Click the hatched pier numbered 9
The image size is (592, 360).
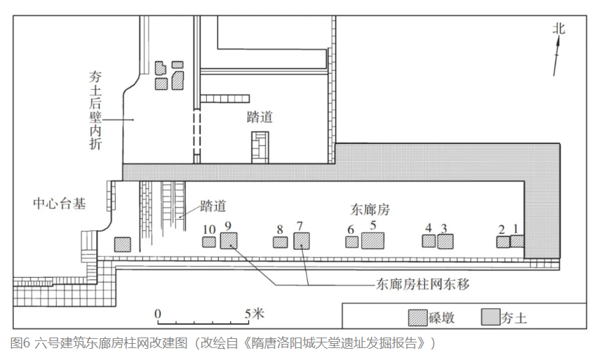229,241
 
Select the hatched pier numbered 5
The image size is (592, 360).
373,240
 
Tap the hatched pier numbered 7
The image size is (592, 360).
302,241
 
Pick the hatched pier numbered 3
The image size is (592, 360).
445,241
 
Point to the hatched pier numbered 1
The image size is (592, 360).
517,241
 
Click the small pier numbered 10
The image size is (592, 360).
209,242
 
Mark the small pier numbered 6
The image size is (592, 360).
352,242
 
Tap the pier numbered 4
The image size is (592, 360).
429,241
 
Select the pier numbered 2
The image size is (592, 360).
502,242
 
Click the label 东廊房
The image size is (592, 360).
370,209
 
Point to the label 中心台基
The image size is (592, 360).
60,204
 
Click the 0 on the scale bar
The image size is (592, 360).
158,313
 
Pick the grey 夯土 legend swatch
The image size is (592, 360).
489,317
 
